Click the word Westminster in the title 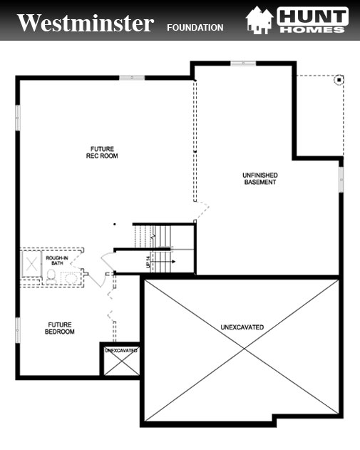(85, 24)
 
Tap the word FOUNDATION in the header (195, 28)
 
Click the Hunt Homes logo (297, 20)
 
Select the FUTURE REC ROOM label (103, 153)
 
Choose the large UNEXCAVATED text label (242, 327)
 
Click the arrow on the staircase (172, 262)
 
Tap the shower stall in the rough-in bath (33, 263)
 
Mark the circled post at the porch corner (339, 79)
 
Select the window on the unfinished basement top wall (243, 63)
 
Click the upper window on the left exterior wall (17, 117)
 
